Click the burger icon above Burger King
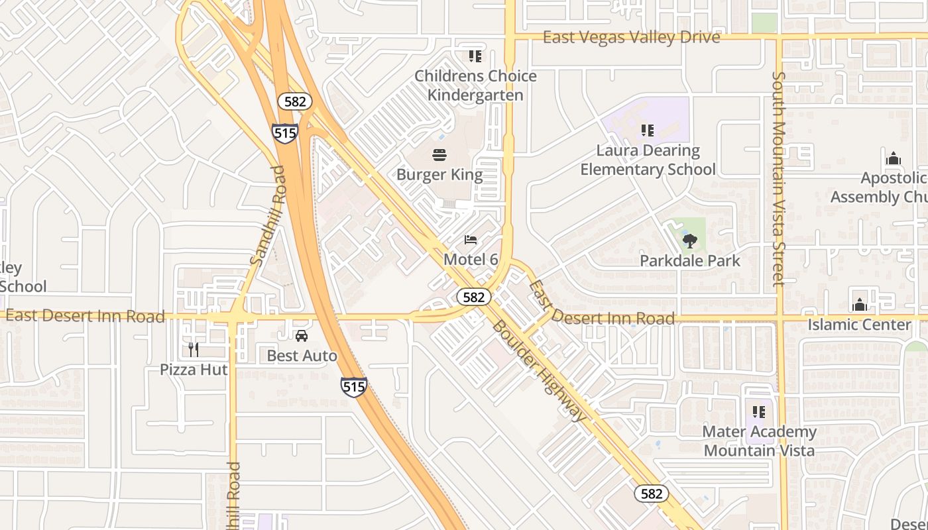point(439,156)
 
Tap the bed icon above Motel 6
point(471,240)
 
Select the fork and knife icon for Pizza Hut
point(194,349)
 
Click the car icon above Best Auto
point(302,336)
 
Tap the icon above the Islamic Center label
point(860,305)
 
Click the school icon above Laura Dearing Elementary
point(648,131)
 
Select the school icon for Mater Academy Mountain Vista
point(759,412)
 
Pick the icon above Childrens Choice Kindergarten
point(475,56)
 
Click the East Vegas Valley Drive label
point(631,37)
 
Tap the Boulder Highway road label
point(540,370)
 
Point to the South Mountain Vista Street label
point(778,179)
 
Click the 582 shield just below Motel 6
point(473,297)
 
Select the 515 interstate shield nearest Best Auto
point(353,386)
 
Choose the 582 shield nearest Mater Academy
point(651,494)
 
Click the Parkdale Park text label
point(689,261)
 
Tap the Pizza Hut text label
point(194,370)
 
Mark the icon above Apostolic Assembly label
point(893,159)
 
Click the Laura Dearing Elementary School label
point(648,160)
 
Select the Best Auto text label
point(302,356)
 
